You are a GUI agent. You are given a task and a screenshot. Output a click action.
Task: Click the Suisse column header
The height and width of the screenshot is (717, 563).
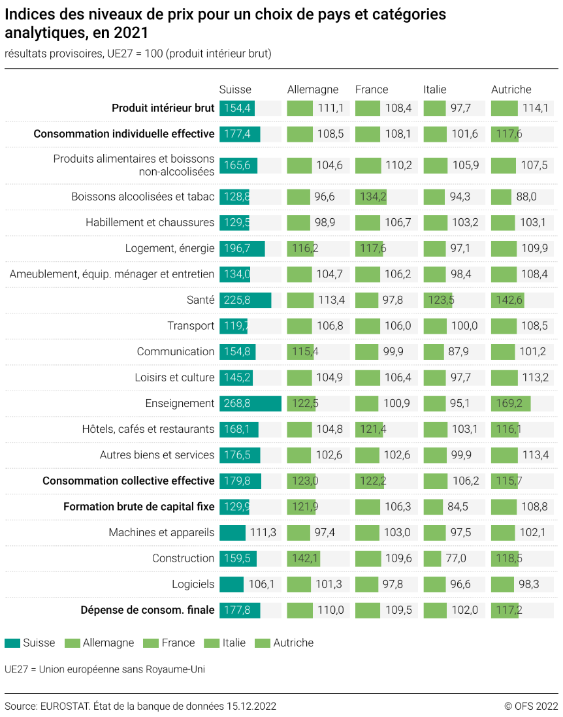(235, 89)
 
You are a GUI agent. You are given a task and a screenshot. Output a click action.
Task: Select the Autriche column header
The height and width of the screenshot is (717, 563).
(511, 89)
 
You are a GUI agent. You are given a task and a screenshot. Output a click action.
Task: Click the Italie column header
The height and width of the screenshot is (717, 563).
(435, 89)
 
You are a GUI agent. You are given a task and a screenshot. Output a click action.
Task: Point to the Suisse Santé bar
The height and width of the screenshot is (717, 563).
(245, 300)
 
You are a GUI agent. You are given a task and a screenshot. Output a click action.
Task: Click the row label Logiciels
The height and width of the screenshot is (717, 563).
(193, 584)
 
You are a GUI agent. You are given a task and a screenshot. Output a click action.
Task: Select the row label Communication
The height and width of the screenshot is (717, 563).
(175, 352)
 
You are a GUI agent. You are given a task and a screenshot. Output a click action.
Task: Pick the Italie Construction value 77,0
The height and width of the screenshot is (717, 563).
(455, 558)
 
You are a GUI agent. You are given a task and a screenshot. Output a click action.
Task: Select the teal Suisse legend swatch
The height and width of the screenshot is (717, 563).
(12, 643)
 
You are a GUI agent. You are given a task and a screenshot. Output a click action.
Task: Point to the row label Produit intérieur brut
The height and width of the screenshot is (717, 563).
(163, 108)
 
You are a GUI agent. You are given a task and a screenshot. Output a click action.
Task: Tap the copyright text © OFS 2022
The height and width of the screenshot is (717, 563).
(531, 706)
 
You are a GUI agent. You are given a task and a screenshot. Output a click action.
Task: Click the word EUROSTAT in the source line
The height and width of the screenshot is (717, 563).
(65, 706)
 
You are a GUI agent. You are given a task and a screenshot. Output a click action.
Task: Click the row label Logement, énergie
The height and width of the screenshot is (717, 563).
(170, 248)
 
